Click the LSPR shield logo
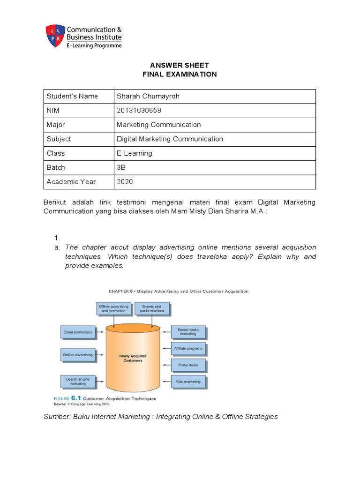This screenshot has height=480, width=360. coord(53,36)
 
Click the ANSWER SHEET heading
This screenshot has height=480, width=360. coord(180,65)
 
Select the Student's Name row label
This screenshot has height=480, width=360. coord(72,96)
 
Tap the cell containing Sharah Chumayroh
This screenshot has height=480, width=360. coord(148,96)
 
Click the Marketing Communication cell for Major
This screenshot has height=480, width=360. coord(158,125)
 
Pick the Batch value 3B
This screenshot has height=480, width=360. coord(121,167)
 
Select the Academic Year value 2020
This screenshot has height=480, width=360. coord(125,181)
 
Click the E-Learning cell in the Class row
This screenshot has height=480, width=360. coord(134,153)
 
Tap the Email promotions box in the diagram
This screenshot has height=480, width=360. coord(78,332)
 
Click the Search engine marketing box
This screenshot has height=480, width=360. coord(78,381)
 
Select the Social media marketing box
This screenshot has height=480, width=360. coord(188,332)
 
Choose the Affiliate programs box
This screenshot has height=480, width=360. coord(188,348)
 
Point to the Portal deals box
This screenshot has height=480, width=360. coord(188,365)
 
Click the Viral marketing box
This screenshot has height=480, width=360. coord(188,382)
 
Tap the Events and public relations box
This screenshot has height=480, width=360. coord(151,308)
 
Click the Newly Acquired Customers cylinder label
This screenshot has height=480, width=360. coord(133,359)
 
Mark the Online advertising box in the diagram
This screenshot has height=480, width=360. coord(78,355)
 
